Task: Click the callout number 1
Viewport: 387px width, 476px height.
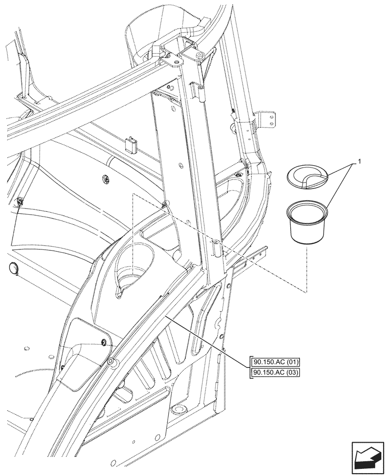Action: [360, 162]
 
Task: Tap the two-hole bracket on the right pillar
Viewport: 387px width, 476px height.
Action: [267, 119]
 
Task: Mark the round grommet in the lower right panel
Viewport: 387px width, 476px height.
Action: [180, 409]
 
